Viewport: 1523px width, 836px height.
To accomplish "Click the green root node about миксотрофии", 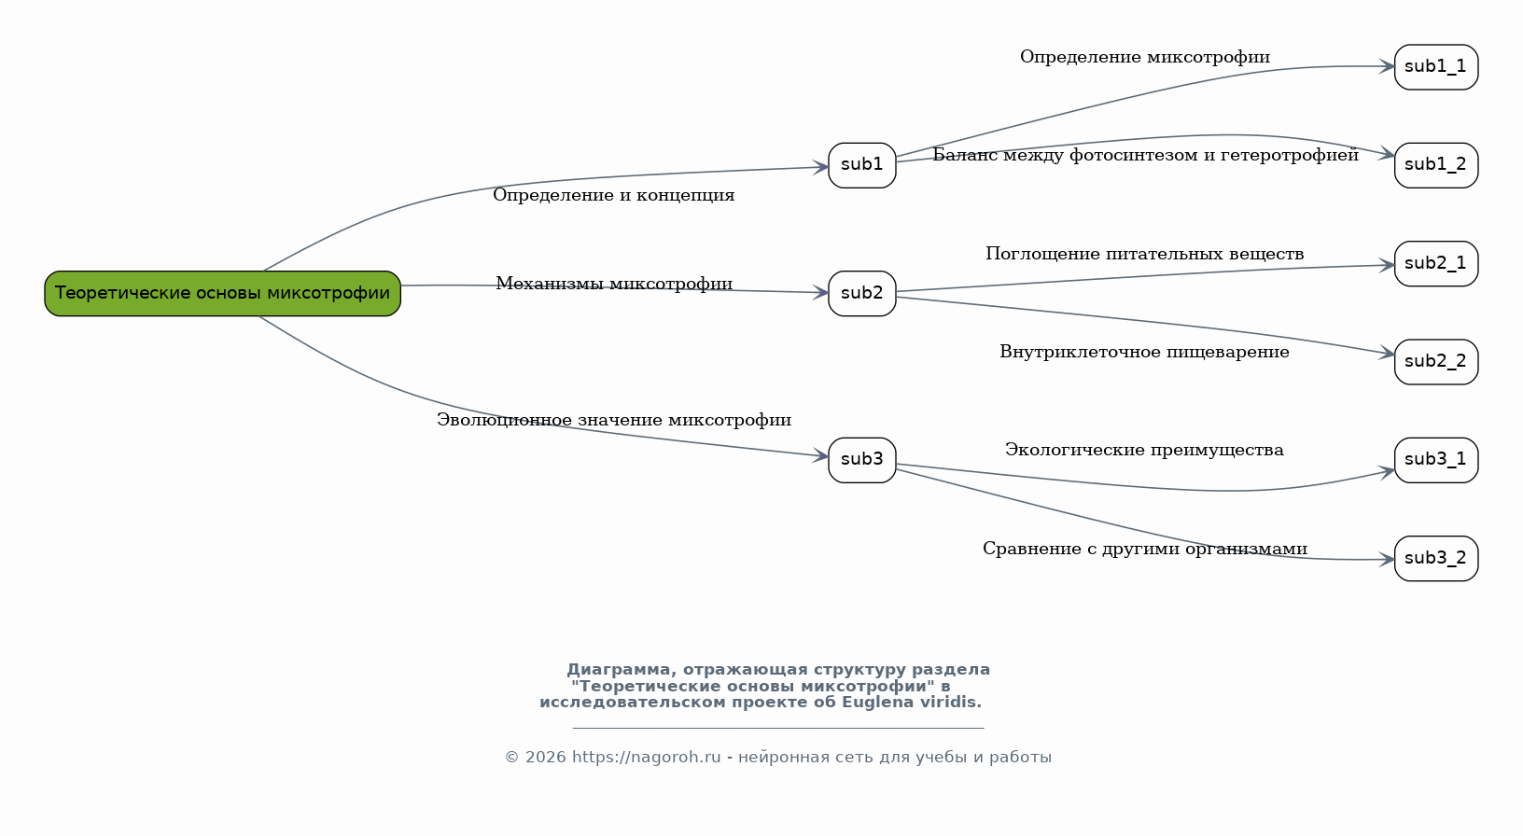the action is pos(222,294).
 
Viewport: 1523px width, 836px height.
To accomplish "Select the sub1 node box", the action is pos(862,165).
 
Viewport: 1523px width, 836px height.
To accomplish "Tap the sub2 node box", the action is pos(862,294).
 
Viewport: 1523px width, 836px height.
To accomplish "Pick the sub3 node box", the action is pos(862,460).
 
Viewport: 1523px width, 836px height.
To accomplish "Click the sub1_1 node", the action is pos(1436,67).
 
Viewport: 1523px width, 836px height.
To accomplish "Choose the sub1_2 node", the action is pos(1436,165).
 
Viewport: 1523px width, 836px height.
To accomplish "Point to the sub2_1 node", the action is pos(1436,264).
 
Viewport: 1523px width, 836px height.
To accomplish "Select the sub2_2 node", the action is pos(1436,362).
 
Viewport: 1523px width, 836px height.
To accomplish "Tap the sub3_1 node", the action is pos(1436,460).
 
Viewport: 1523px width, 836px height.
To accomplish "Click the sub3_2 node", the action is pos(1436,559).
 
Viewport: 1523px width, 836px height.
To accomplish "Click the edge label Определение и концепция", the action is pos(614,196).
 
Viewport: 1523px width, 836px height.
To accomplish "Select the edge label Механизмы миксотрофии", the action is pos(614,284).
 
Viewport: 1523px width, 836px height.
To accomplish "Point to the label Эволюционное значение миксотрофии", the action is pos(614,420).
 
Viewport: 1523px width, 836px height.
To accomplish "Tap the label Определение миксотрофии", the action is pos(1145,58).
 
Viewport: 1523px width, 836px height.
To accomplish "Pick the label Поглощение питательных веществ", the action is pos(1145,254).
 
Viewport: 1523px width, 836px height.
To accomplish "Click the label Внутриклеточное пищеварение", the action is pos(1144,352).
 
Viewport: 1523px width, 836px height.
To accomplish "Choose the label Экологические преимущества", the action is pos(1144,450).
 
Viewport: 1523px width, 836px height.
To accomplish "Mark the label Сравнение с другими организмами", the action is pos(1145,549).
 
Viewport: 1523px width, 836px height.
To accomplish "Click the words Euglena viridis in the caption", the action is pos(912,702).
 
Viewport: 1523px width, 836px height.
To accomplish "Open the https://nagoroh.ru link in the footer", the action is pos(646,757).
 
